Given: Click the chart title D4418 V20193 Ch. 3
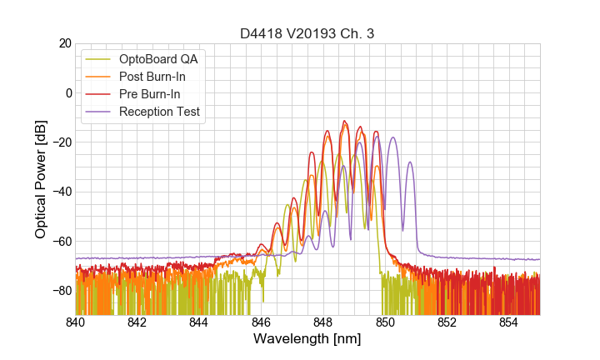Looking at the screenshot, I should [x=307, y=33].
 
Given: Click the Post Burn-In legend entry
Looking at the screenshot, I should [x=152, y=77].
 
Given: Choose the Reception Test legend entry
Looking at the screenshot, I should [x=159, y=112].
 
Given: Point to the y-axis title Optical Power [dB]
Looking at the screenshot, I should [x=41, y=179].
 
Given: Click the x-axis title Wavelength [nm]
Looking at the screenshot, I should [x=307, y=339].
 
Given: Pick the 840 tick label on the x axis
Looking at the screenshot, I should [x=76, y=322].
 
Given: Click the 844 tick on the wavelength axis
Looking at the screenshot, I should [x=199, y=322].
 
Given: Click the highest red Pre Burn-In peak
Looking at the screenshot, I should [x=343, y=121].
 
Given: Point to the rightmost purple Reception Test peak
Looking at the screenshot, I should [x=409, y=162].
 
